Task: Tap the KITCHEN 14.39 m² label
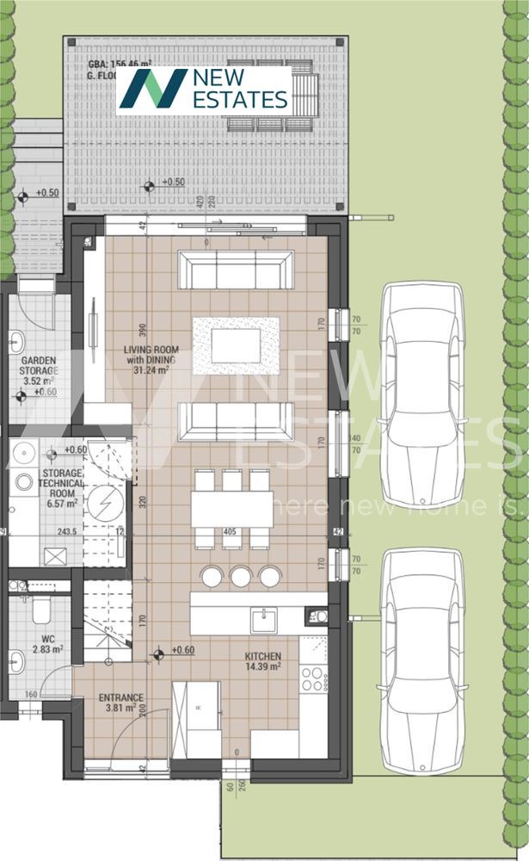point(262,661)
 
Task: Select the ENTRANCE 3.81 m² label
point(121,703)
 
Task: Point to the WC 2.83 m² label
point(40,643)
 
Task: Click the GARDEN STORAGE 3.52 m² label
point(40,371)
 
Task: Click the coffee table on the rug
point(236,345)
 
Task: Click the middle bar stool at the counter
point(240,576)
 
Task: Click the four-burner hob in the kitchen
point(314,678)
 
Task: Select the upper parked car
point(422,393)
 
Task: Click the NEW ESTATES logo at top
point(204,90)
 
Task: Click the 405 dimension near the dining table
point(229,532)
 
